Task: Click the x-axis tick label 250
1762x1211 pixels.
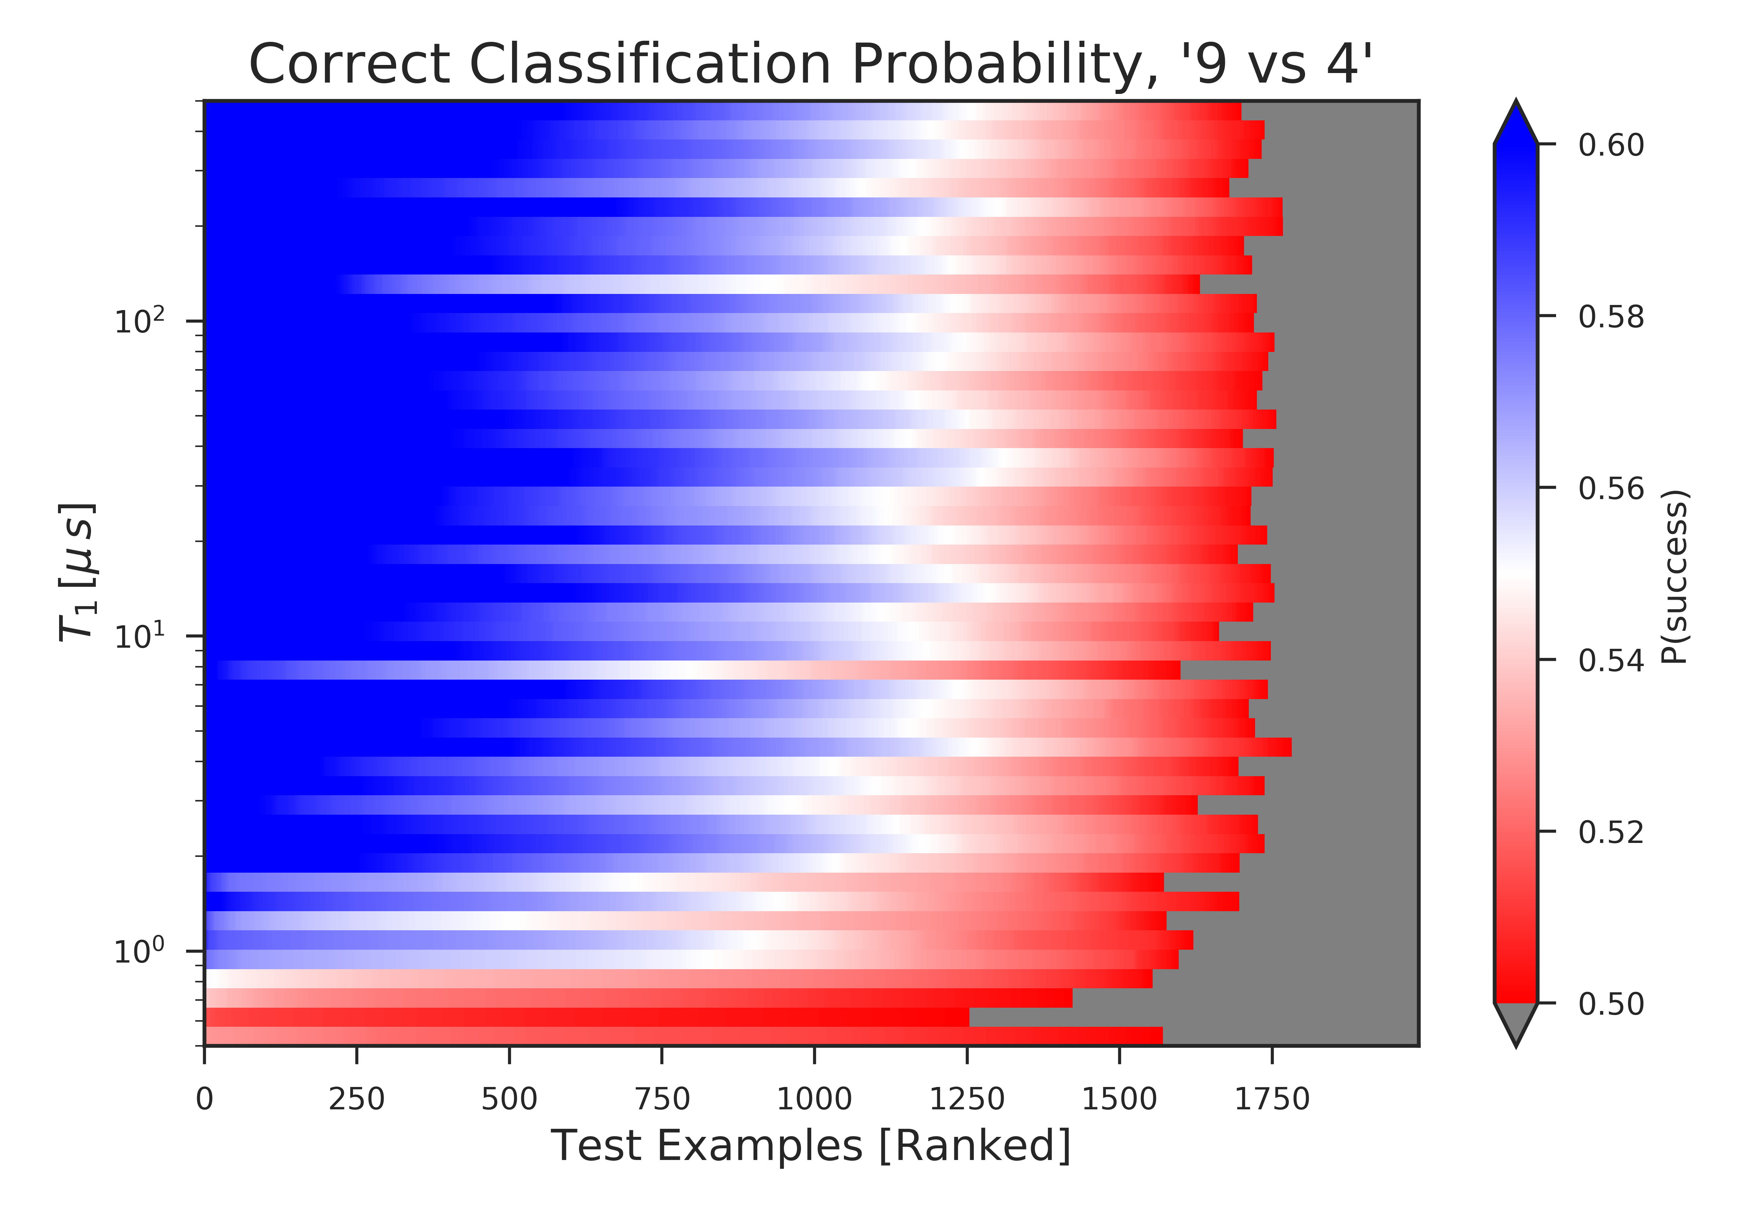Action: pyautogui.click(x=357, y=1099)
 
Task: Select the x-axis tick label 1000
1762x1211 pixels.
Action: pyautogui.click(x=814, y=1099)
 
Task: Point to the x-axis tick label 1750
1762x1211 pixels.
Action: pyautogui.click(x=1273, y=1099)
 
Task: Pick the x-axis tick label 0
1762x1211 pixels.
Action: pyautogui.click(x=204, y=1099)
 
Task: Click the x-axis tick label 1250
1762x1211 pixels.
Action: pyautogui.click(x=968, y=1099)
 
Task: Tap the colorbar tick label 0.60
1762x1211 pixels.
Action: pyautogui.click(x=1611, y=145)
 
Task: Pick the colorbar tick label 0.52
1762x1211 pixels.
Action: pyautogui.click(x=1611, y=832)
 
